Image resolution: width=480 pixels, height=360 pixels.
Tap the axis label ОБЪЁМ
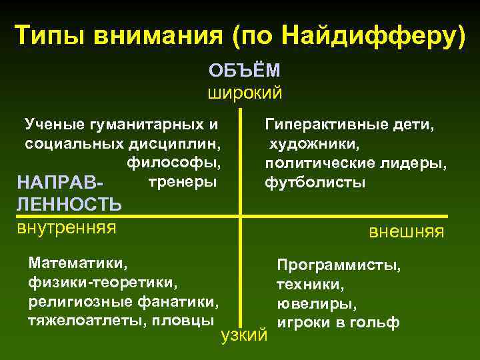(x=245, y=71)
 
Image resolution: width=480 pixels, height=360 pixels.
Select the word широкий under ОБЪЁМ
(x=245, y=92)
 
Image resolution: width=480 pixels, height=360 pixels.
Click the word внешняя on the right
(x=407, y=232)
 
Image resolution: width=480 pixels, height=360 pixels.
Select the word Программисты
(x=339, y=266)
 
